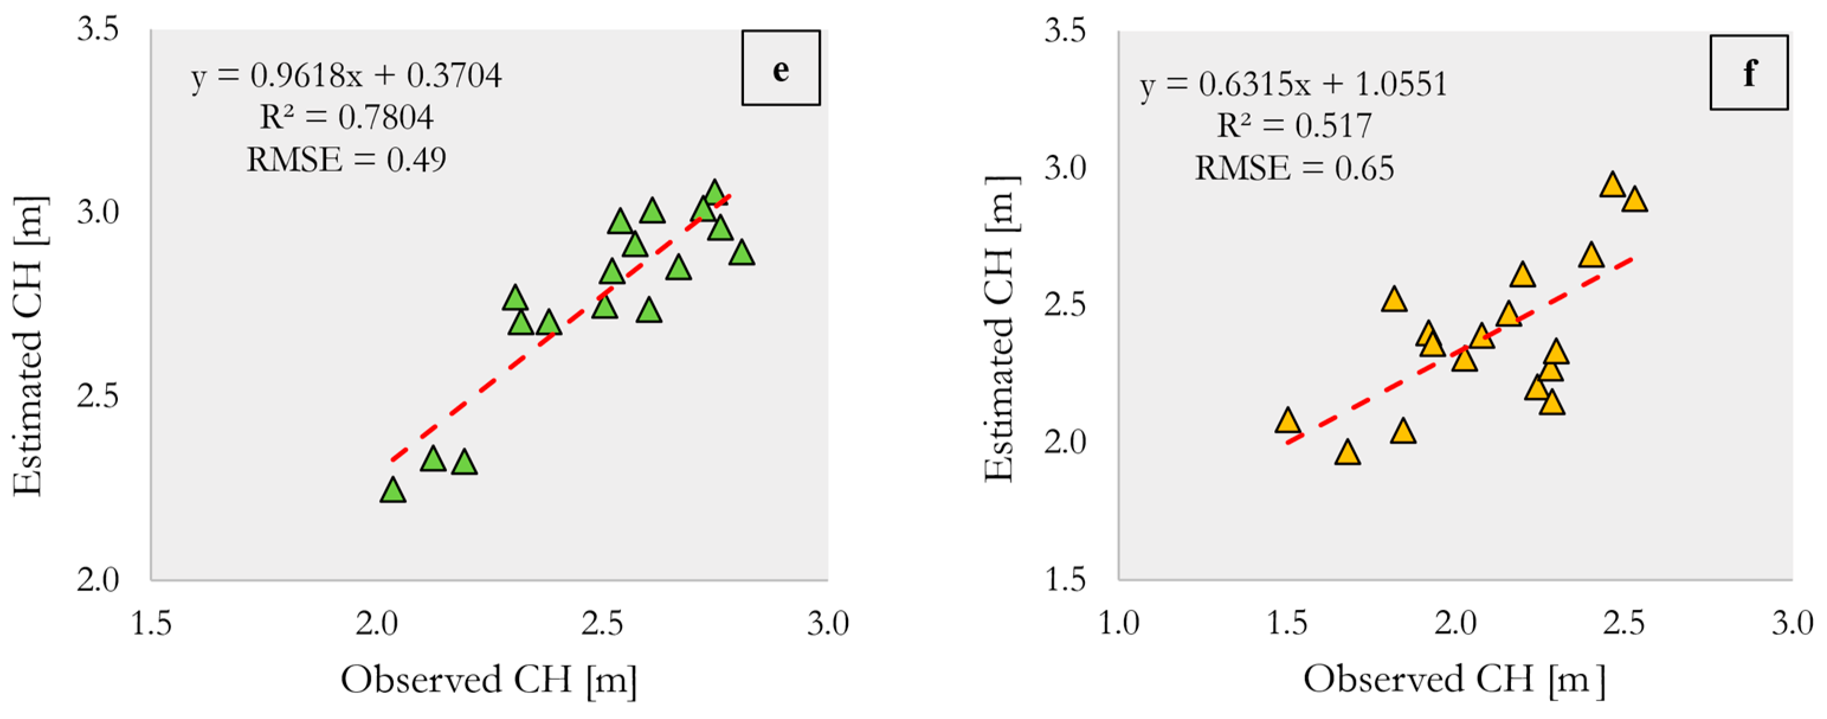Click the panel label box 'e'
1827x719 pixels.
click(x=780, y=68)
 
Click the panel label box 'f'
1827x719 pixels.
click(x=1748, y=72)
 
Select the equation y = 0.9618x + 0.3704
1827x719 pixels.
click(x=346, y=75)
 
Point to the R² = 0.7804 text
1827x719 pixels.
click(x=346, y=117)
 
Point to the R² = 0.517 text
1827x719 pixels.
click(x=1294, y=126)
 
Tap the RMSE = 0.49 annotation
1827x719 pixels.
click(x=346, y=160)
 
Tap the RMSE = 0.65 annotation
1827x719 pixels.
click(x=1294, y=168)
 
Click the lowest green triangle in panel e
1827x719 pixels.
click(x=393, y=491)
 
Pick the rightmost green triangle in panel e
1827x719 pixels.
click(x=741, y=253)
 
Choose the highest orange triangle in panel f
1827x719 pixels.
click(x=1612, y=185)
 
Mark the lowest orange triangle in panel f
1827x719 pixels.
click(x=1347, y=453)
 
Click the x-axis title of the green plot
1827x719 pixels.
click(x=489, y=679)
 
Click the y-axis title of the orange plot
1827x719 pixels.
click(x=1000, y=329)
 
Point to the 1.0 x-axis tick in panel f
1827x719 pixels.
click(x=1119, y=624)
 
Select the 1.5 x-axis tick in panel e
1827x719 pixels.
click(x=151, y=624)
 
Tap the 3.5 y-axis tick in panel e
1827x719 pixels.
click(x=97, y=31)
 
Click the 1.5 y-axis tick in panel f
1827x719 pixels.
click(x=1065, y=580)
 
